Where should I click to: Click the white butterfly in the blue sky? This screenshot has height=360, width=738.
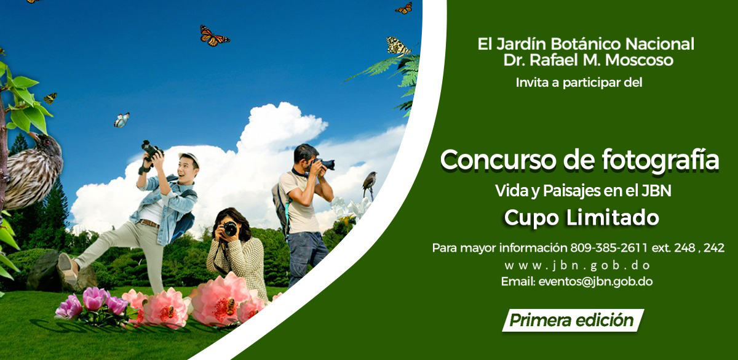coord(122,120)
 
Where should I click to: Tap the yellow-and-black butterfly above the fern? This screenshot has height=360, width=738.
coord(399,47)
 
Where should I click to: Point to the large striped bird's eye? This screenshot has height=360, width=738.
coord(47,143)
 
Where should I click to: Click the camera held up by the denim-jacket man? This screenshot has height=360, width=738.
coord(151,150)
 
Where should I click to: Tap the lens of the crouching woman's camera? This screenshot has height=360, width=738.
coord(230,229)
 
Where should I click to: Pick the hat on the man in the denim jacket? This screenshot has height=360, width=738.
coord(189,158)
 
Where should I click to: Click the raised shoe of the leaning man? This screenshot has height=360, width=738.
coord(67,268)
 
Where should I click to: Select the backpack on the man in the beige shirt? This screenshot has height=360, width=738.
coord(280,206)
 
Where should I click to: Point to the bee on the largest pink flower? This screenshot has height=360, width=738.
coord(230,306)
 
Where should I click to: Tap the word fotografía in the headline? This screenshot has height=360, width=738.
coord(661,161)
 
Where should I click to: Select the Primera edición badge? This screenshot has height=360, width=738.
coord(573,320)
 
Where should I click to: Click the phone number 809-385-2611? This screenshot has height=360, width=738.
coord(609,247)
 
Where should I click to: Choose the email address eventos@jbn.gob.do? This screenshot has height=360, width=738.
coord(595,282)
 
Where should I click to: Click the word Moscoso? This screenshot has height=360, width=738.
coord(639,60)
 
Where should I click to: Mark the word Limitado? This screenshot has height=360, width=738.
coord(613,218)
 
